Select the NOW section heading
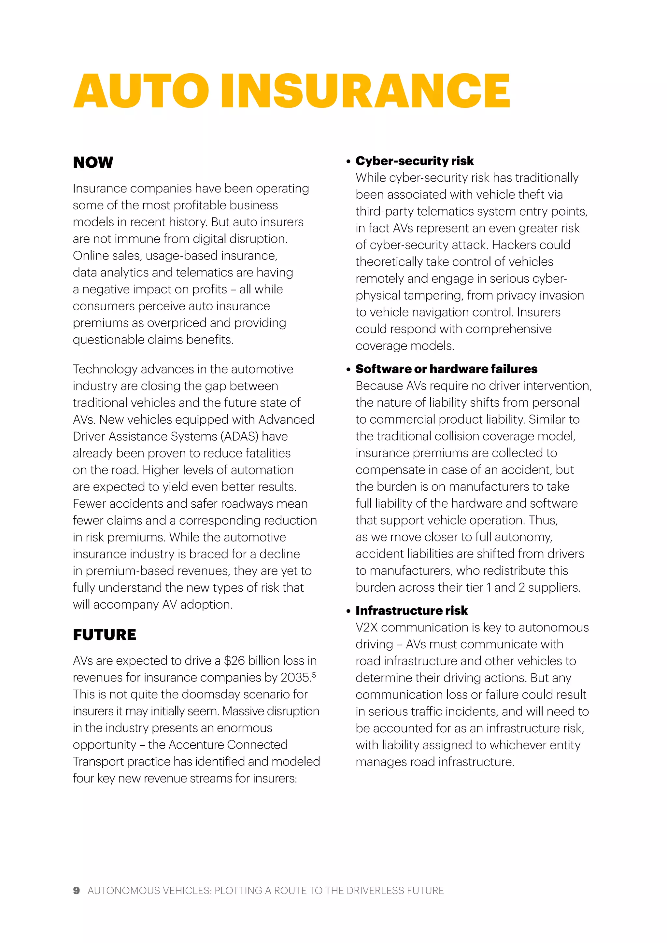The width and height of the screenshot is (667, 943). (93, 162)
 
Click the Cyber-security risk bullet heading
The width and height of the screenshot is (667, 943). (414, 161)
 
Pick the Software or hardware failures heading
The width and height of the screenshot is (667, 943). (446, 369)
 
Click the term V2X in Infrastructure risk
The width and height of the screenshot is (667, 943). (366, 627)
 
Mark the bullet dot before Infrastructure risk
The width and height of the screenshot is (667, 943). (348, 611)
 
